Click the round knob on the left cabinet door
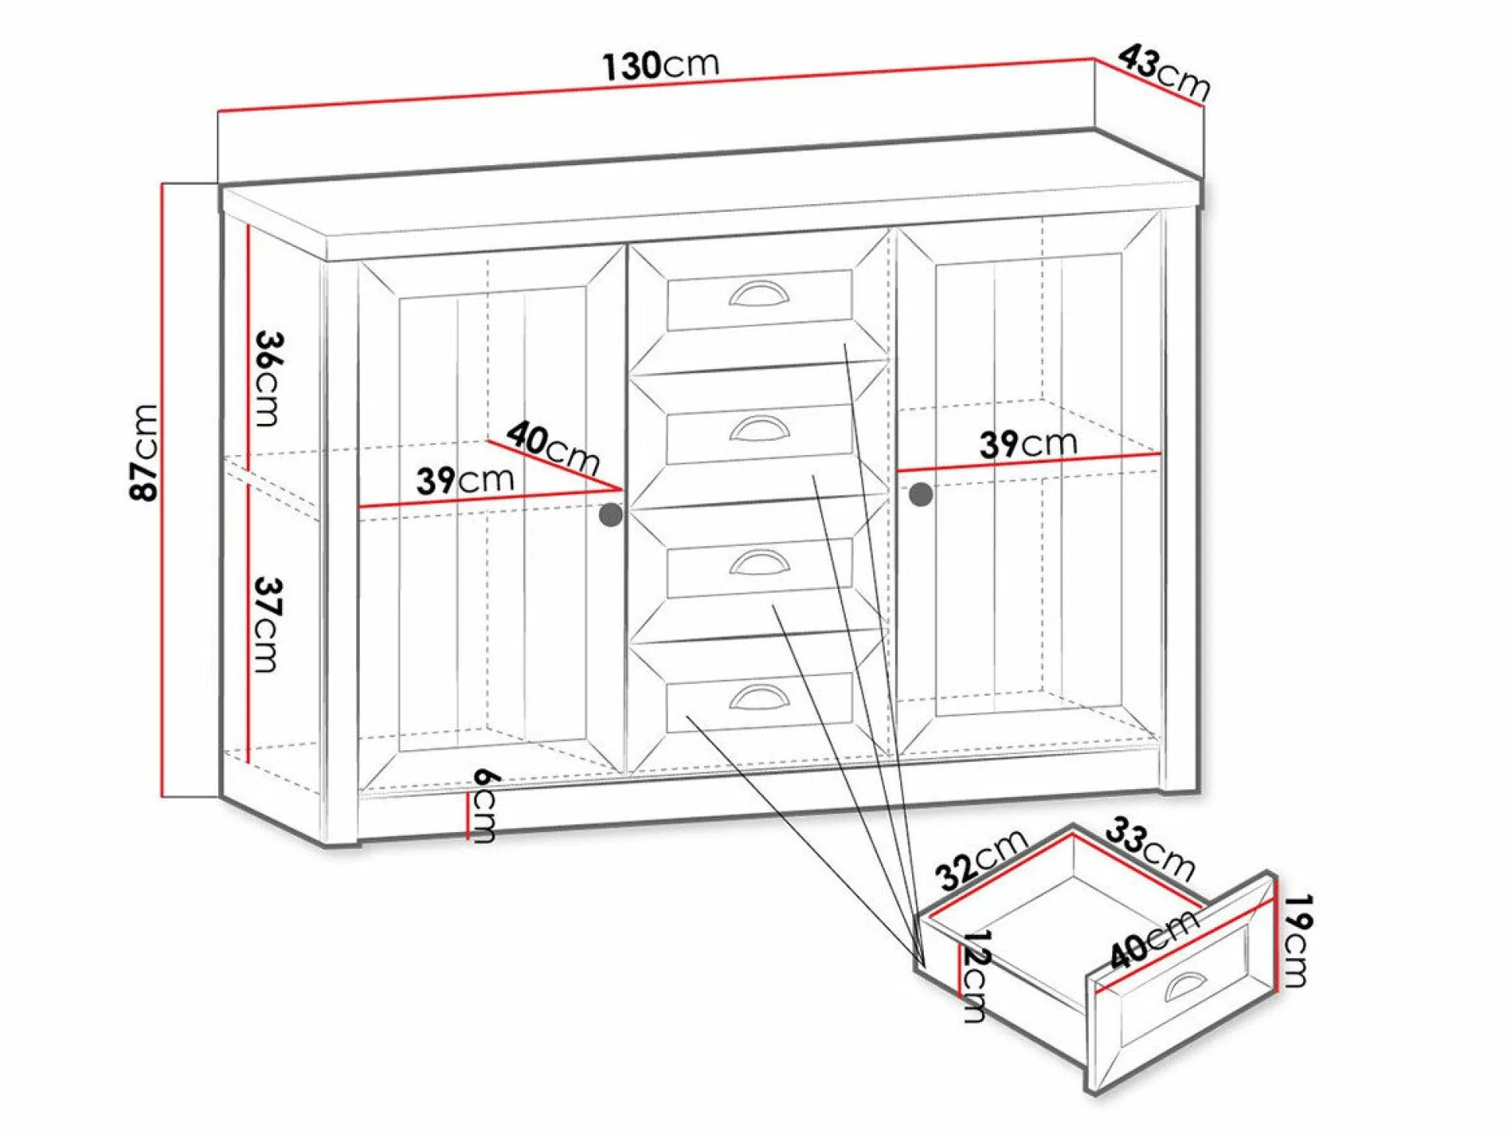pyautogui.click(x=611, y=515)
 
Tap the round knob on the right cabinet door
pyautogui.click(x=921, y=494)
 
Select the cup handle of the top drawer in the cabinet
pyautogui.click(x=759, y=293)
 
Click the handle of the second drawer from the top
pyautogui.click(x=759, y=428)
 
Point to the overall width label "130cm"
pyautogui.click(x=660, y=65)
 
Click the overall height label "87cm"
pyautogui.click(x=144, y=452)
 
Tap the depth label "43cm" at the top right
pyautogui.click(x=1164, y=72)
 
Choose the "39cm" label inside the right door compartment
pyautogui.click(x=1028, y=443)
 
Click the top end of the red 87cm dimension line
pyautogui.click(x=163, y=183)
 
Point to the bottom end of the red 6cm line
pyautogui.click(x=467, y=839)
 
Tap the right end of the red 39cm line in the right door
pyautogui.click(x=1161, y=453)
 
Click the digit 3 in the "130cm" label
pyautogui.click(x=629, y=67)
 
